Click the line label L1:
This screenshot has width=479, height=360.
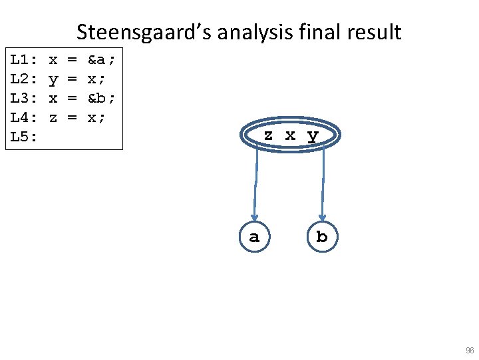point(23,60)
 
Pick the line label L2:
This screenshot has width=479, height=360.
point(23,79)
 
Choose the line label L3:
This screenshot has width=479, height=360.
point(23,99)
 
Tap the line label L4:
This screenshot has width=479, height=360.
point(23,118)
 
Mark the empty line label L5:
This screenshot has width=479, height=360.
point(23,137)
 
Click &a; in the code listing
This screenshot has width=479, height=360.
point(102,60)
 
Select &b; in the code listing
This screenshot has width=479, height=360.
point(102,99)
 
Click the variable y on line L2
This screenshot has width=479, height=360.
point(53,80)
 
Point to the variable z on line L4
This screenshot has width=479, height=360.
point(53,118)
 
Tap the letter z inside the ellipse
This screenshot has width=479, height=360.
point(268,135)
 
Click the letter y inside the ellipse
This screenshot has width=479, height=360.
point(313,136)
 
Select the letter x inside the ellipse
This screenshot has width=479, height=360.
point(290,135)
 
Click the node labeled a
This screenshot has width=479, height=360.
point(254,237)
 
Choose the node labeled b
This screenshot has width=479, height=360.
point(322,237)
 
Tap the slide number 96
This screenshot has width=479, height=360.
point(470,351)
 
